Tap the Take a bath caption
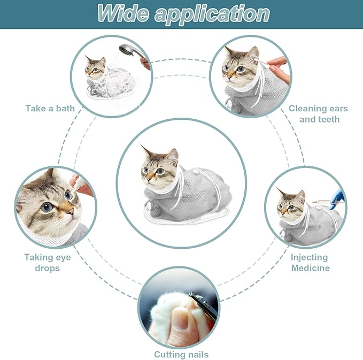pyautogui.click(x=50, y=109)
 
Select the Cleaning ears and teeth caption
pyautogui.click(x=319, y=114)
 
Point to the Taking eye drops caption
pyautogui.click(x=48, y=262)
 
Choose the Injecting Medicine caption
pyautogui.click(x=311, y=262)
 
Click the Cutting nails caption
pyautogui.click(x=181, y=354)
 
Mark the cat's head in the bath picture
pyautogui.click(x=96, y=68)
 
